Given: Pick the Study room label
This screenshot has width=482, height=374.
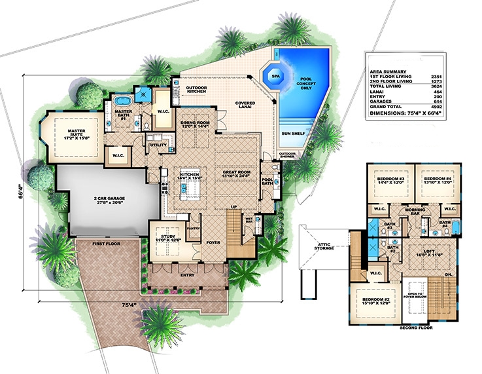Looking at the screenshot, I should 168,236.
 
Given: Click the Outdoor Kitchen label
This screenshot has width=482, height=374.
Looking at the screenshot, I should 196,90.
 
